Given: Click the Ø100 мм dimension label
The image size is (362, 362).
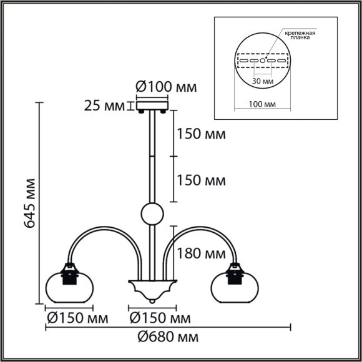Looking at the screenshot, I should [165, 87].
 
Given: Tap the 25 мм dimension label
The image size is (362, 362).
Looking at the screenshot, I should [104, 105].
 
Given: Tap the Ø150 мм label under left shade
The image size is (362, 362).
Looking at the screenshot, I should [76, 318].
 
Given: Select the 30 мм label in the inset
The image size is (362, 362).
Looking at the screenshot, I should [263, 81].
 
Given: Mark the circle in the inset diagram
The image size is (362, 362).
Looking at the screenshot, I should [262, 61].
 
